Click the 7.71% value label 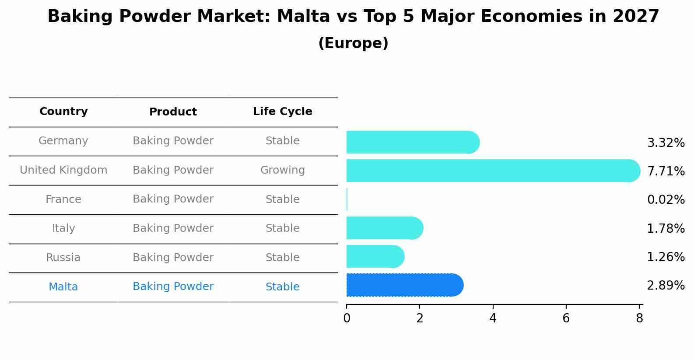666,171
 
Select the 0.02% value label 666,200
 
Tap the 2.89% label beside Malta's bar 666,286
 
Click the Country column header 63,112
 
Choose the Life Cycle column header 282,112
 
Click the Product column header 173,112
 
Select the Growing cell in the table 282,170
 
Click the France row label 63,199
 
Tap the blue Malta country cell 63,287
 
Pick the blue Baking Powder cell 173,287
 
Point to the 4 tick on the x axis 493,318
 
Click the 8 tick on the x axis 639,318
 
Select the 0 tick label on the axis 347,318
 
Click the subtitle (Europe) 353,43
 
